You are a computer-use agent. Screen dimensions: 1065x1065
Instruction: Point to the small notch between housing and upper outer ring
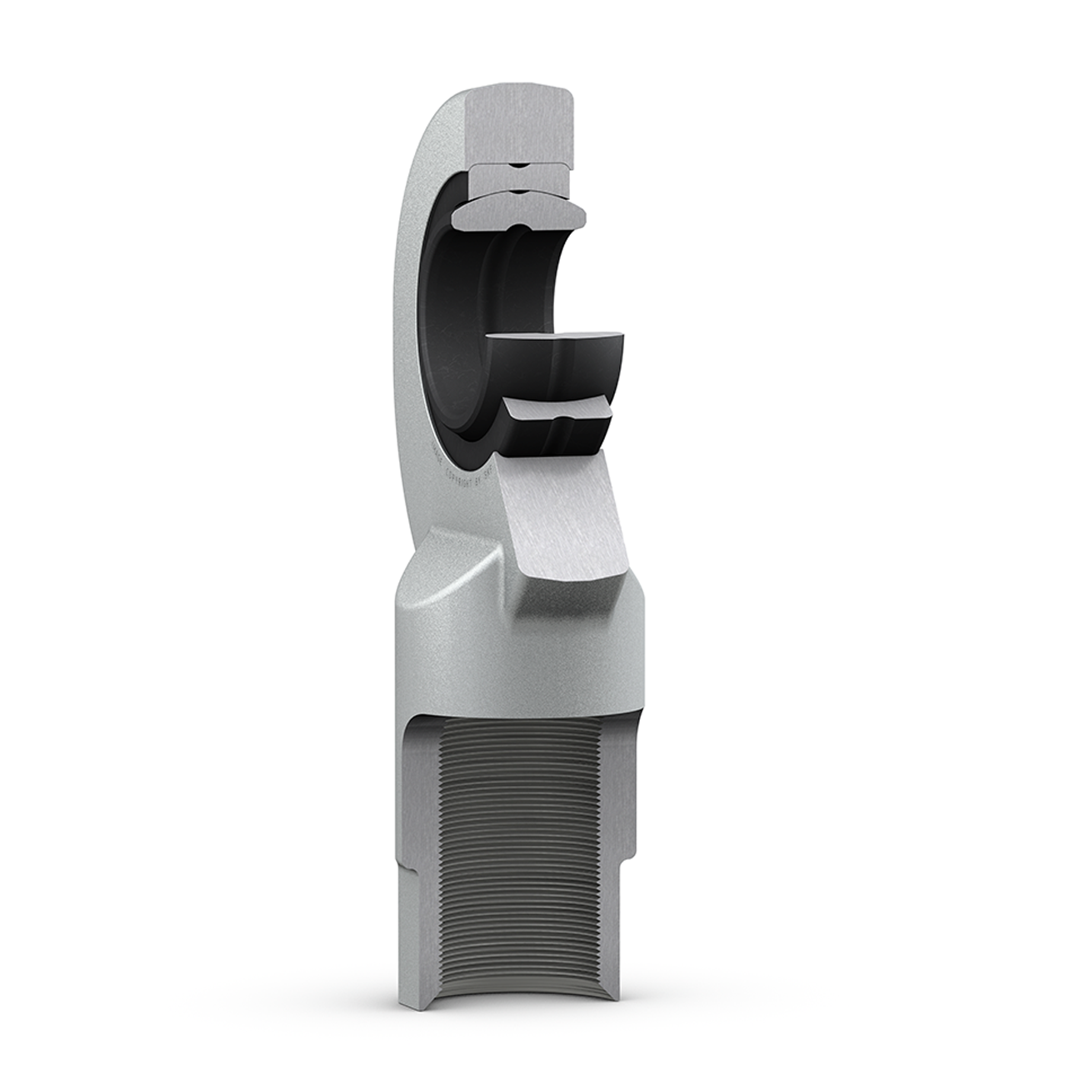517,164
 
